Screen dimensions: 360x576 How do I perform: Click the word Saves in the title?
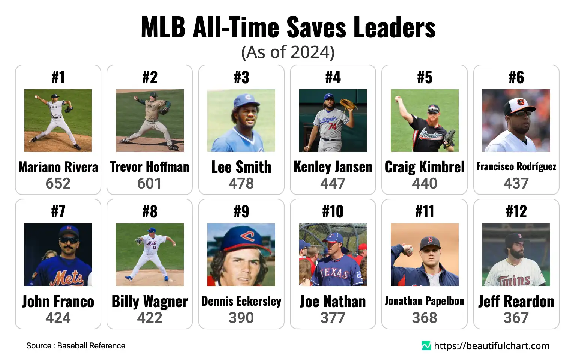click(317, 27)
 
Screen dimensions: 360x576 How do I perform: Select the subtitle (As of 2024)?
click(288, 52)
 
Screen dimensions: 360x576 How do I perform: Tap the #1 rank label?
click(58, 77)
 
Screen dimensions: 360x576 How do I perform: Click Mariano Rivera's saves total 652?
click(58, 183)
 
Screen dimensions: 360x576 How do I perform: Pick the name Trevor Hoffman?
click(150, 167)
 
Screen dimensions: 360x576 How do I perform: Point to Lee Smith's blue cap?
click(246, 100)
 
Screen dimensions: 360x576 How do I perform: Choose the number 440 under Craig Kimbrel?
click(424, 183)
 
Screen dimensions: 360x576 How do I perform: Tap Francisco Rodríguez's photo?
click(516, 120)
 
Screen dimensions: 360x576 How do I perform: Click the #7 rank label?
click(58, 211)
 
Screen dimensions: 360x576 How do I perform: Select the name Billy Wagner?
click(150, 301)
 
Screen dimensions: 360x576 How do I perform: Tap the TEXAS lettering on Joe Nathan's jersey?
click(334, 272)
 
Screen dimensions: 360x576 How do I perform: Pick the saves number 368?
click(424, 318)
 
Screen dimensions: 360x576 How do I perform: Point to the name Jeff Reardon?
click(516, 301)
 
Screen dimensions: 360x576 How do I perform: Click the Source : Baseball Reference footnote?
click(76, 345)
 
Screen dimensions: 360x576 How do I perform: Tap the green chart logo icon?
click(426, 345)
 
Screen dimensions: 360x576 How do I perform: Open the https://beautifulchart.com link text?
click(492, 345)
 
